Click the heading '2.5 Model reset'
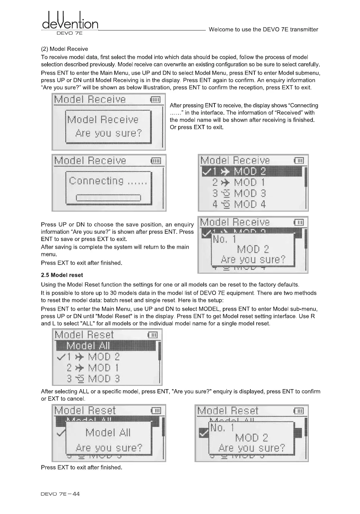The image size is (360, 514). point(62,275)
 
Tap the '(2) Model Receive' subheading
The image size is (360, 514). point(65,49)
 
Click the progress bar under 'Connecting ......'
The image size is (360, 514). point(109,198)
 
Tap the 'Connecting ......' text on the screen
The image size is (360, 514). point(108,181)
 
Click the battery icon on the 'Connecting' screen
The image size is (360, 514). point(156,161)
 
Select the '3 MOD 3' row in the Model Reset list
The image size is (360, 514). point(93,379)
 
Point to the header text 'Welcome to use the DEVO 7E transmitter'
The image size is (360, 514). point(263,30)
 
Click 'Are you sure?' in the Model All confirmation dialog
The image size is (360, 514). point(109,448)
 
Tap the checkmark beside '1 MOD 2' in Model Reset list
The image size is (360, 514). point(61,357)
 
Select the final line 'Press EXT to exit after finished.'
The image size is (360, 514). point(82,468)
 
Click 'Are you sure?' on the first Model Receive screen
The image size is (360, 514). point(108,133)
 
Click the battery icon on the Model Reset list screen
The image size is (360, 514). point(153,335)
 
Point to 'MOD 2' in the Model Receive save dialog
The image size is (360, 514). point(253,249)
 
